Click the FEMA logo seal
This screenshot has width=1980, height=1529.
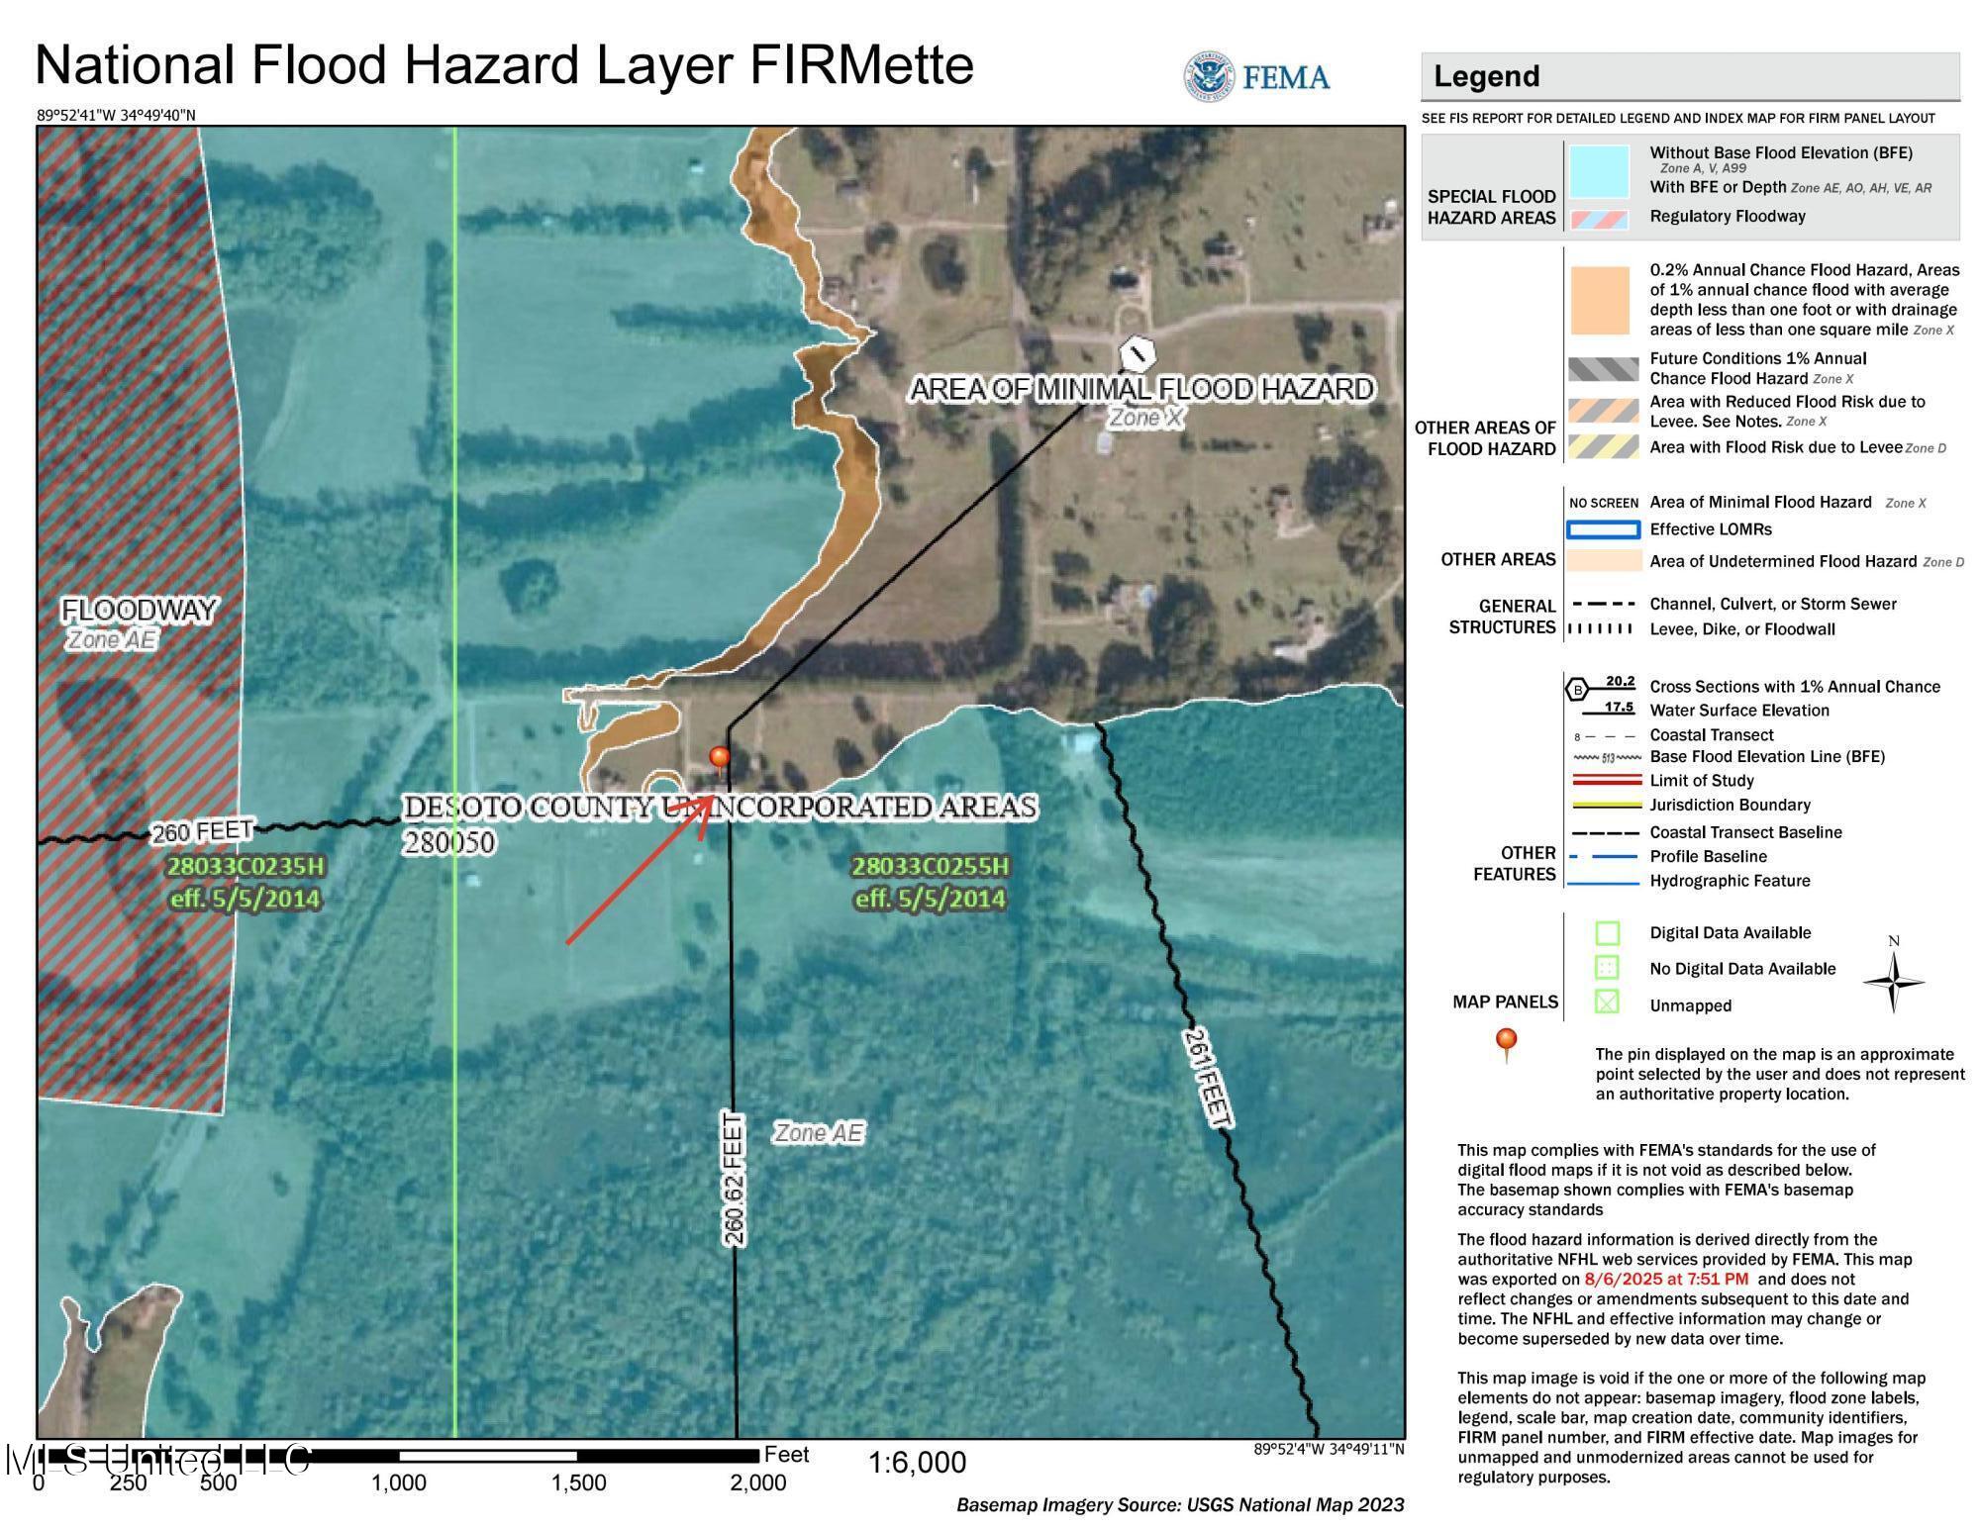click(1208, 76)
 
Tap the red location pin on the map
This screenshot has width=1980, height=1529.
click(720, 758)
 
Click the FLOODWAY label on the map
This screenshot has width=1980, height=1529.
click(140, 611)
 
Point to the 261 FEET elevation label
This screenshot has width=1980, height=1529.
click(1206, 1077)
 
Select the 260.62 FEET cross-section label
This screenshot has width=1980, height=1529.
click(734, 1178)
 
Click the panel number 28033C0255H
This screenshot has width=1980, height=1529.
click(931, 867)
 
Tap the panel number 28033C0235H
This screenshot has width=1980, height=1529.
click(245, 867)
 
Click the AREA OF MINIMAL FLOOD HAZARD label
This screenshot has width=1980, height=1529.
click(1141, 389)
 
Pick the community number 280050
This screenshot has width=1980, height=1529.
click(448, 842)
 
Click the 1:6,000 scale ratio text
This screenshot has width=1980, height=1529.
click(917, 1463)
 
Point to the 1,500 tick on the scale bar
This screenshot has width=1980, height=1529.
click(578, 1482)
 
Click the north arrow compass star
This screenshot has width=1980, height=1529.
click(1893, 983)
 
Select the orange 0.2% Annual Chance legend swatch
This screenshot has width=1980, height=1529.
click(1599, 300)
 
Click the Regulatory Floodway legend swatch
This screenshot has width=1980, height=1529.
click(1599, 218)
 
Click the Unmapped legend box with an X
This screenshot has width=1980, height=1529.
click(1607, 1003)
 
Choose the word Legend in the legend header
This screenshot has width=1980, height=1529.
click(1486, 76)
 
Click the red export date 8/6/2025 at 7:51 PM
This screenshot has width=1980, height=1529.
click(1666, 1279)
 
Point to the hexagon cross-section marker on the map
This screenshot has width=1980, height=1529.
click(1138, 351)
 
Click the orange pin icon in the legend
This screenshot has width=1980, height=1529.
click(1506, 1041)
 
